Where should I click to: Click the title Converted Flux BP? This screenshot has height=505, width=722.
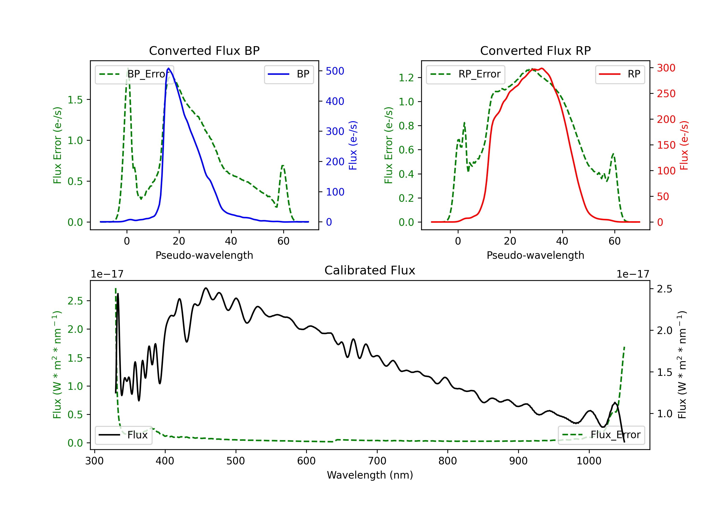pyautogui.click(x=204, y=50)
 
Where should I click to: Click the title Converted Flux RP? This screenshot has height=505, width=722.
pyautogui.click(x=535, y=50)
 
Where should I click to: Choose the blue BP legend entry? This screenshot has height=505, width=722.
pyautogui.click(x=289, y=74)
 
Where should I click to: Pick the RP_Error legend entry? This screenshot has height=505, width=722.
pyautogui.click(x=465, y=74)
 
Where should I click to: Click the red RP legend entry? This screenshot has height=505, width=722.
pyautogui.click(x=620, y=74)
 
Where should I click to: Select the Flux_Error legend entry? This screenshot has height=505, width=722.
pyautogui.click(x=601, y=435)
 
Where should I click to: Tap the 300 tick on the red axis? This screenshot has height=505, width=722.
pyautogui.click(x=666, y=68)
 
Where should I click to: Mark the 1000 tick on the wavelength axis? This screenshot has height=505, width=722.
pyautogui.click(x=589, y=461)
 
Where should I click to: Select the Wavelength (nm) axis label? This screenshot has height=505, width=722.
pyautogui.click(x=370, y=475)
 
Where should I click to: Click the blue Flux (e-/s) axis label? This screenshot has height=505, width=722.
pyautogui.click(x=353, y=145)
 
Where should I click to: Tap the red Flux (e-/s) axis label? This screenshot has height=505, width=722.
pyautogui.click(x=684, y=145)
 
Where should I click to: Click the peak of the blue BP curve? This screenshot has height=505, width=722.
pyautogui.click(x=168, y=68)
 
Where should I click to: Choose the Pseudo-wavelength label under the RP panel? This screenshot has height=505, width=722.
pyautogui.click(x=535, y=255)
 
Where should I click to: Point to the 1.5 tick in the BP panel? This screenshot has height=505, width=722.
pyautogui.click(x=75, y=100)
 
